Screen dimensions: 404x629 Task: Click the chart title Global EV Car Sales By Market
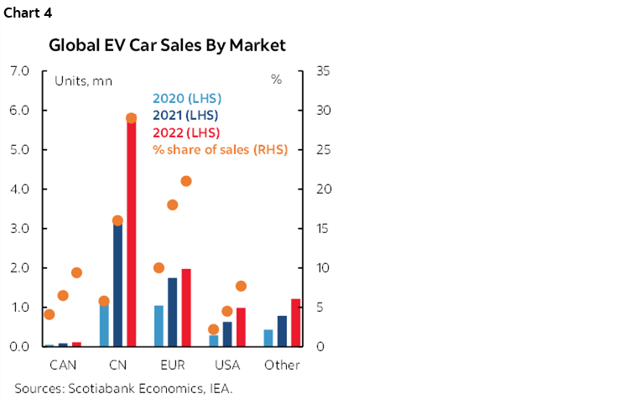[x=167, y=45]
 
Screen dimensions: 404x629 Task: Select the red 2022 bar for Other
[x=295, y=323]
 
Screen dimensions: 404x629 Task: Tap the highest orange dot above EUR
[x=186, y=181]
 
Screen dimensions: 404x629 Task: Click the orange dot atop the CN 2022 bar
[x=131, y=118]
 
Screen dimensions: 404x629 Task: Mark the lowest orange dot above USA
[x=213, y=329]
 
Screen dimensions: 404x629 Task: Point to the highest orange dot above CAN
[x=76, y=272]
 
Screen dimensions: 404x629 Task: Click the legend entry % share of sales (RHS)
[x=220, y=150]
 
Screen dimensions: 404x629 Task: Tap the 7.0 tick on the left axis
[x=19, y=71]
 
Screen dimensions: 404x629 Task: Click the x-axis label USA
[x=226, y=365]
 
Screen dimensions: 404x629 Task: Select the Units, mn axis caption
[x=83, y=81]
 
